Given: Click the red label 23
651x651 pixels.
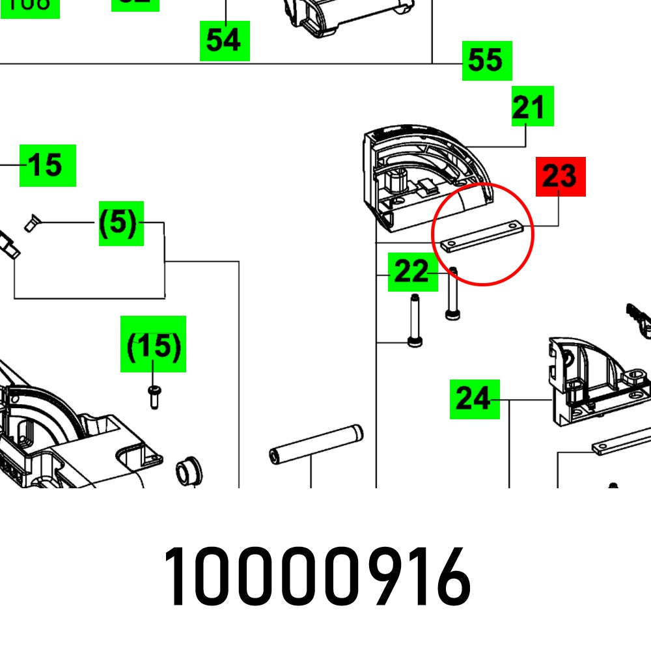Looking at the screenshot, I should tap(560, 176).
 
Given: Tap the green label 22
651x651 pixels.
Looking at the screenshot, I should tap(411, 271).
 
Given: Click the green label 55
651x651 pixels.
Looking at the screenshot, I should tap(486, 61).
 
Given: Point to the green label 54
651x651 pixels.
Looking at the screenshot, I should tap(224, 40).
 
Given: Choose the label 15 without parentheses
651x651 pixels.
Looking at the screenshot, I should tap(48, 165).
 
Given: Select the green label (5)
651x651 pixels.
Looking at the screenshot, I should tap(121, 223).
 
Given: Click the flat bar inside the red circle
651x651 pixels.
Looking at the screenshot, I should tap(482, 235).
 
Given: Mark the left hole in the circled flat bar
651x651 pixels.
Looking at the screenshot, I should tap(450, 244).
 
